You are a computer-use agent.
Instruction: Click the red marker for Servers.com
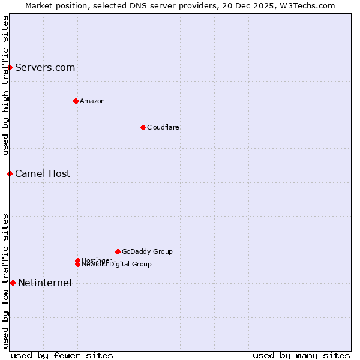(x=10, y=67)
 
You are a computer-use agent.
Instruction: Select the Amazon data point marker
(x=76, y=101)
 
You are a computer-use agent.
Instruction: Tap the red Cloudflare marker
(x=143, y=127)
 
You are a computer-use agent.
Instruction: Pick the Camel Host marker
(x=10, y=173)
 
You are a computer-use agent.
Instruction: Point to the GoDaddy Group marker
(x=118, y=251)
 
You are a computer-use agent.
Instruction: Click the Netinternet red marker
(x=13, y=283)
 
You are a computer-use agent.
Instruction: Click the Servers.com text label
(x=45, y=67)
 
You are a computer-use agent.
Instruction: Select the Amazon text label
(x=92, y=101)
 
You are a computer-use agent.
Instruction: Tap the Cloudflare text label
(x=163, y=127)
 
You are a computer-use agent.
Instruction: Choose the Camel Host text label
(x=43, y=173)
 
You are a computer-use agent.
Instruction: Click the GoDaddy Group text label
(x=147, y=251)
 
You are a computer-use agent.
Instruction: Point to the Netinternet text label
(x=46, y=283)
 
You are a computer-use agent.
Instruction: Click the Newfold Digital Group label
(x=117, y=265)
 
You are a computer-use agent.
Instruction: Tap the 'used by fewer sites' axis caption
(x=62, y=355)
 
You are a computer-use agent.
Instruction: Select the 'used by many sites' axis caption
(x=301, y=355)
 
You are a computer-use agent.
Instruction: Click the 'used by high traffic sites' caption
(x=5, y=85)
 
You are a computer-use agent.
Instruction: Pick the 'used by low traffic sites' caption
(x=5, y=281)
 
